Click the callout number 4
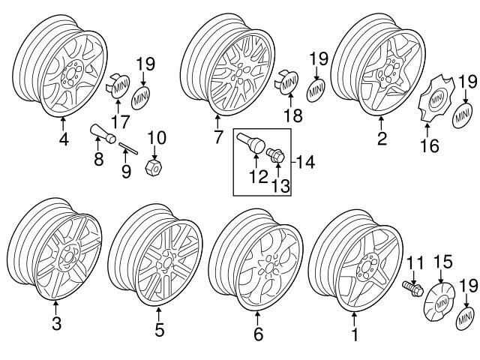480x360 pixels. [64, 139]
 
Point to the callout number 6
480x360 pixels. [259, 335]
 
